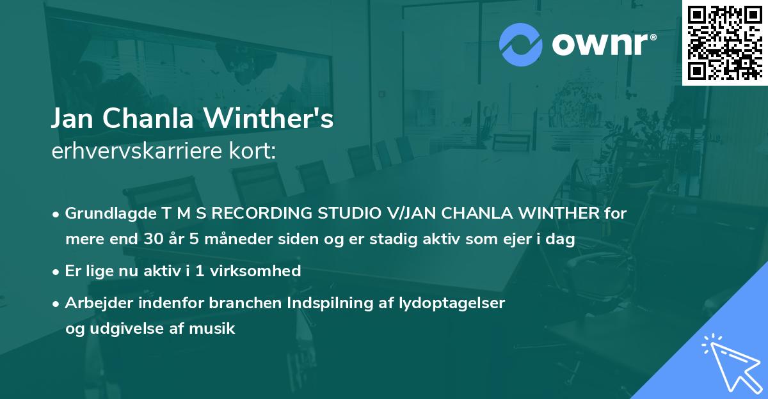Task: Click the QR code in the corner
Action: click(x=724, y=42)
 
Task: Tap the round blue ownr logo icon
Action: click(x=521, y=44)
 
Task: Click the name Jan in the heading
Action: click(x=73, y=119)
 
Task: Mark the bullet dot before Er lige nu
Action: click(x=57, y=271)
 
